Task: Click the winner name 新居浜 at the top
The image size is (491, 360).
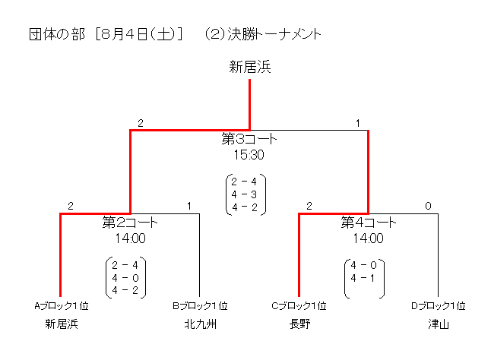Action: (x=250, y=68)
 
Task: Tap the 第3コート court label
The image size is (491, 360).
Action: (x=249, y=140)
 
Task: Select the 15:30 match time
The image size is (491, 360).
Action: (x=249, y=154)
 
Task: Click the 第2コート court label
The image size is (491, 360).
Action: (x=130, y=223)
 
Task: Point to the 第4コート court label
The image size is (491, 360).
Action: (x=369, y=223)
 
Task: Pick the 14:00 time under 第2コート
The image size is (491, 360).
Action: (x=130, y=238)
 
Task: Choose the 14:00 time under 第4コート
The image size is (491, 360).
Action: (x=369, y=238)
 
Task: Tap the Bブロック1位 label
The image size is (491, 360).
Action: (x=200, y=306)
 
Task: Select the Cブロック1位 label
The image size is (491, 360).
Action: (x=299, y=306)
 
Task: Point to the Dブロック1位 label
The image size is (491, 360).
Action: (x=438, y=306)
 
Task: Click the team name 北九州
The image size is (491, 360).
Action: (x=200, y=324)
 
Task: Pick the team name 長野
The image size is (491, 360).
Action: (x=299, y=324)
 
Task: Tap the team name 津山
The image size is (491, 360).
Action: (x=438, y=324)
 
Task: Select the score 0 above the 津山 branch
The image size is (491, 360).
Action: (x=428, y=206)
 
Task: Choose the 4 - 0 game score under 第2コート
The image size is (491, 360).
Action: (x=125, y=277)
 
